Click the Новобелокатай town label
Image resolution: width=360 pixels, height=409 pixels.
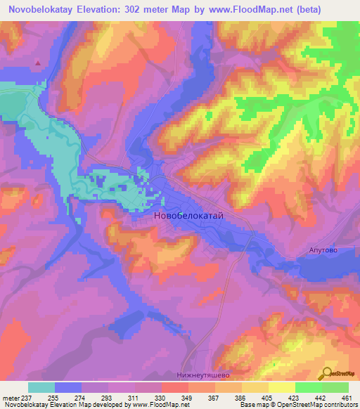[x=188, y=216]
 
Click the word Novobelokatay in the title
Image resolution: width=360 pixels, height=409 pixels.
[x=41, y=9]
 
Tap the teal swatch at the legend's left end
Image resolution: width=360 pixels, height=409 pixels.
[x=41, y=387]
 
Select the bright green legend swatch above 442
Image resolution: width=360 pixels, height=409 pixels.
[x=308, y=387]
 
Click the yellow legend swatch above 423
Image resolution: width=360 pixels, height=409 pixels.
[x=281, y=387]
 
